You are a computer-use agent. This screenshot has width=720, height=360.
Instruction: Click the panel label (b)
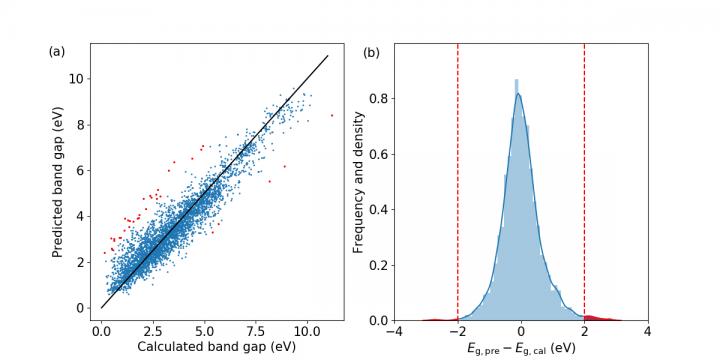tap(369, 50)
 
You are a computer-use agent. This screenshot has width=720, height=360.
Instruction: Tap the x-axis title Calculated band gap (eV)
tap(216, 345)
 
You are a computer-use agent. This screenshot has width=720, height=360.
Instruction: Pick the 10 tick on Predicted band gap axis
tap(78, 79)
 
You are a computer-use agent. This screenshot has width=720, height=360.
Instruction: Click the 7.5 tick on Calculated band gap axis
tap(255, 328)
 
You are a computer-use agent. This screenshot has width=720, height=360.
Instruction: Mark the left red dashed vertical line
tap(458, 180)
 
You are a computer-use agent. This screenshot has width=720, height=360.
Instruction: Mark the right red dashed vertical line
tap(584, 180)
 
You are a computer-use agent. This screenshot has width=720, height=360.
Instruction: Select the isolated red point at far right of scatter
tap(332, 116)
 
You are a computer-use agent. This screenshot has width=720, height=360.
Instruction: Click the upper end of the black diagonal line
tap(328, 56)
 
